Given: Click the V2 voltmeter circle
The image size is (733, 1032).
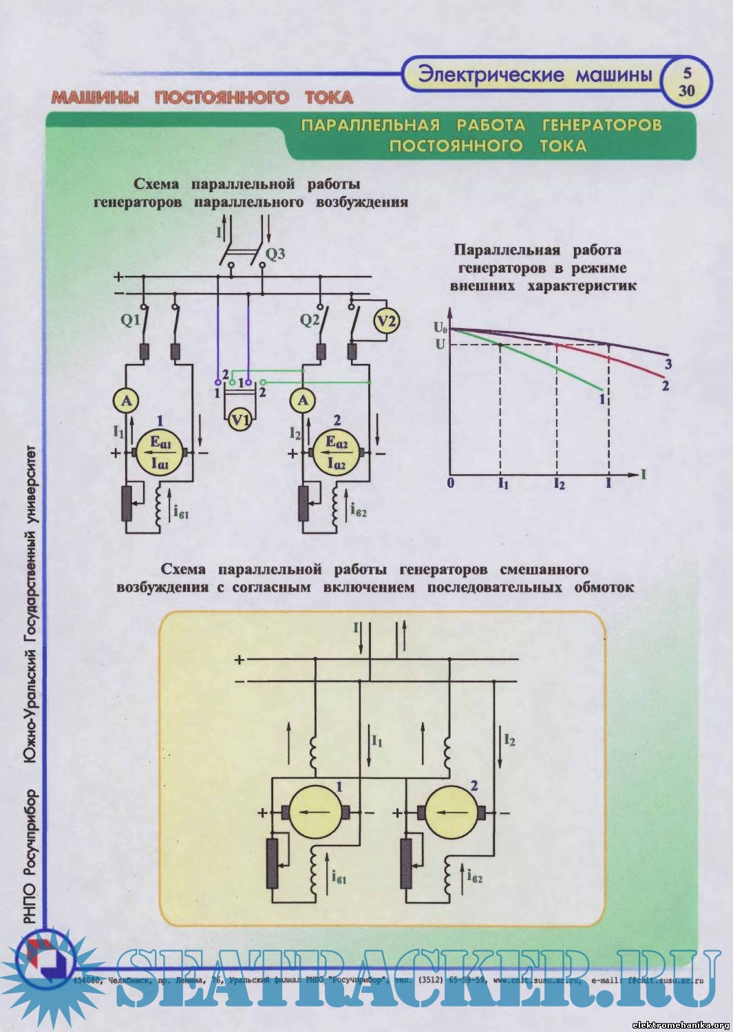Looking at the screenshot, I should click(x=387, y=321).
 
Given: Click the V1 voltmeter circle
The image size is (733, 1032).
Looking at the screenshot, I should click(x=240, y=418).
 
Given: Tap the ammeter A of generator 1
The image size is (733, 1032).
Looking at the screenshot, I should click(x=126, y=400).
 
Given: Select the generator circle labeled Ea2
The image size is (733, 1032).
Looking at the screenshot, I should click(x=337, y=453).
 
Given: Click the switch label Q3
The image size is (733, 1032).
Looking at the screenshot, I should click(x=275, y=254).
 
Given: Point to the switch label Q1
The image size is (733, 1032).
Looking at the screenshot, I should click(x=130, y=320).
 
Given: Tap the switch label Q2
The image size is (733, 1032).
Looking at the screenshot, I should click(x=310, y=320).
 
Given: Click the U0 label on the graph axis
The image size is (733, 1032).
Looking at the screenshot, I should click(x=440, y=327).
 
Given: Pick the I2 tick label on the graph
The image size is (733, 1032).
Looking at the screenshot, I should click(x=559, y=484).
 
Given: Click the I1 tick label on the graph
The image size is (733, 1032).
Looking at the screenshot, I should click(x=503, y=484).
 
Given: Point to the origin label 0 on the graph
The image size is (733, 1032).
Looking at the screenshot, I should click(x=451, y=483).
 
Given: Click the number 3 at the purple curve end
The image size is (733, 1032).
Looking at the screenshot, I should click(x=668, y=364).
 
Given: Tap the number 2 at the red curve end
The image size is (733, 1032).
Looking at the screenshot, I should click(x=666, y=385).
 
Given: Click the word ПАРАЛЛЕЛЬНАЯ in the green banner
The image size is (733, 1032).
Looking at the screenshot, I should click(x=370, y=125).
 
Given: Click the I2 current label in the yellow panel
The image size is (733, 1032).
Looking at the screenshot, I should click(x=509, y=740).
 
